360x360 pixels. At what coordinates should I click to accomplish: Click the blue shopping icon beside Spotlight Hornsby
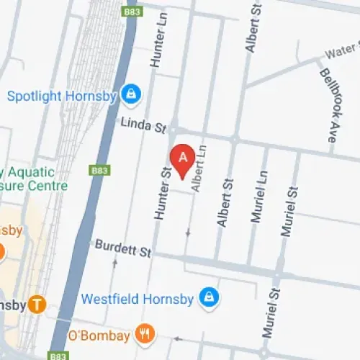[130, 94]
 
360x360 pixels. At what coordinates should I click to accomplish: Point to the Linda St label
[143, 125]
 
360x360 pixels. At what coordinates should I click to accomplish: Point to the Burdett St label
[123, 249]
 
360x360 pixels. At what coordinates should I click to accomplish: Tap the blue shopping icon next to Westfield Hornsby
[209, 297]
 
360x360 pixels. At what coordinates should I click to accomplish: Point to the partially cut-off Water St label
[343, 54]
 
